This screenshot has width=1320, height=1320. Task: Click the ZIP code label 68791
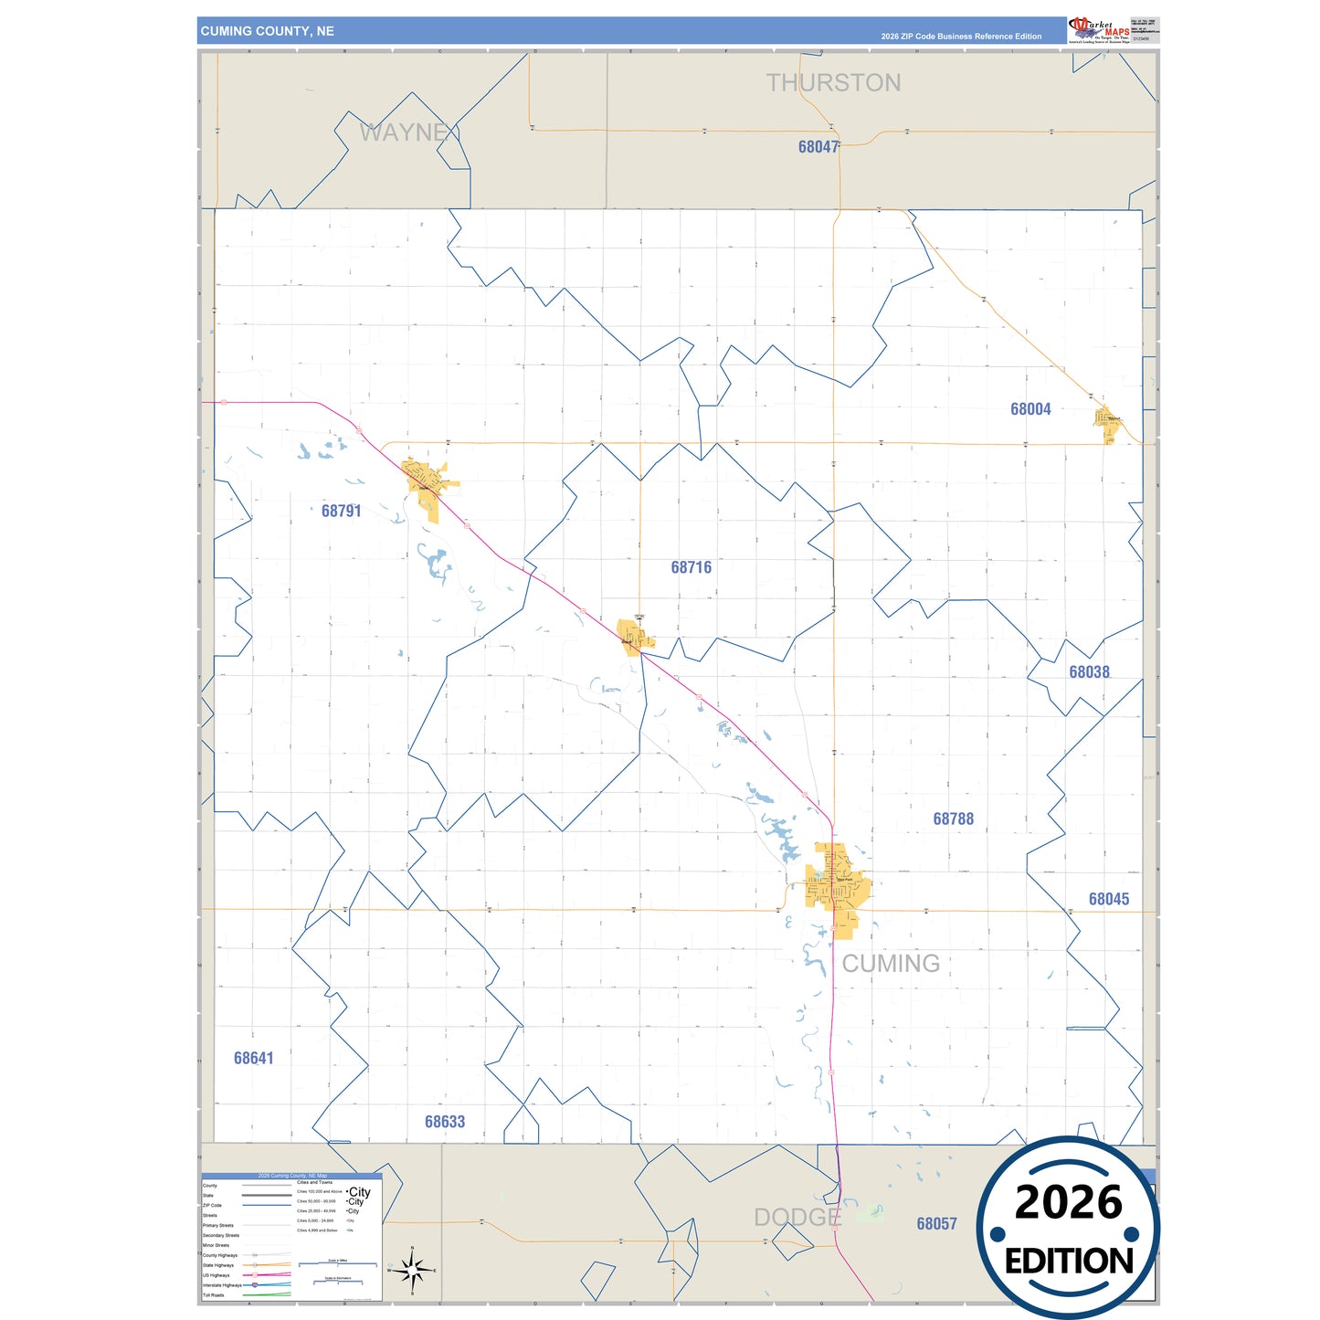pyautogui.click(x=341, y=511)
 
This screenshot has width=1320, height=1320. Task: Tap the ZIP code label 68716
pyautogui.click(x=691, y=567)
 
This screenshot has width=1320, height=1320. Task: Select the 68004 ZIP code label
pyautogui.click(x=1030, y=409)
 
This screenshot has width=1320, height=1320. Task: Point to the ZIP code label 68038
pyautogui.click(x=1089, y=671)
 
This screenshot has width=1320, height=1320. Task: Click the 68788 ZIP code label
pyautogui.click(x=953, y=818)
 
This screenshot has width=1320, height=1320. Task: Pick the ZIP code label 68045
pyautogui.click(x=1108, y=899)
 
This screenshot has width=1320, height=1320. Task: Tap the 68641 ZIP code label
pyautogui.click(x=253, y=1058)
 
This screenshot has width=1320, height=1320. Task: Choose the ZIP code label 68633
pyautogui.click(x=445, y=1122)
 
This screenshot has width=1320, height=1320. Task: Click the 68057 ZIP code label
pyautogui.click(x=936, y=1223)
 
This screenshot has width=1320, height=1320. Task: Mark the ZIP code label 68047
pyautogui.click(x=818, y=146)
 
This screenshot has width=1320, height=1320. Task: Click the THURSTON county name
pyautogui.click(x=833, y=83)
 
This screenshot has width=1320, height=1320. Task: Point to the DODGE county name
pyautogui.click(x=797, y=1217)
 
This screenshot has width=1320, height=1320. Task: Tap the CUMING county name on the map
pyautogui.click(x=891, y=963)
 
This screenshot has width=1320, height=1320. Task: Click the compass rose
pyautogui.click(x=412, y=1270)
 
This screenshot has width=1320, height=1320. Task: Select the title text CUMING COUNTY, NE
pyautogui.click(x=268, y=31)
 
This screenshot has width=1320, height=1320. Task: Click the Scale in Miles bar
pyautogui.click(x=338, y=1264)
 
